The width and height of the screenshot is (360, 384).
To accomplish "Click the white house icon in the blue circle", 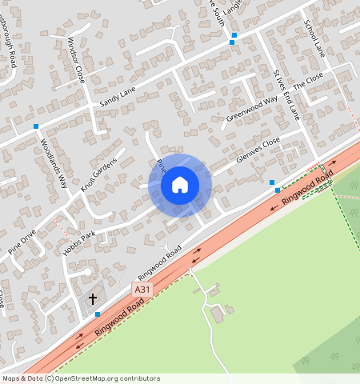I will pyautogui.click(x=180, y=185).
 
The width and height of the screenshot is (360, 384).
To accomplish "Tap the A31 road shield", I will pyautogui.click(x=142, y=290).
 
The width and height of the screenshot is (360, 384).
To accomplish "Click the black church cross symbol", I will pyautogui.click(x=93, y=298).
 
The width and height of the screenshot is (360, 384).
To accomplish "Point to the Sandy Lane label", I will pyautogui.click(x=118, y=98).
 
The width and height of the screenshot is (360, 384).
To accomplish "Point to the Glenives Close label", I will pyautogui.click(x=258, y=150).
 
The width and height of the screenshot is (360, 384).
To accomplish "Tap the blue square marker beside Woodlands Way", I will pyautogui.click(x=36, y=126).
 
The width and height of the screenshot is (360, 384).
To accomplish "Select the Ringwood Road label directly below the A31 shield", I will pyautogui.click(x=118, y=318).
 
